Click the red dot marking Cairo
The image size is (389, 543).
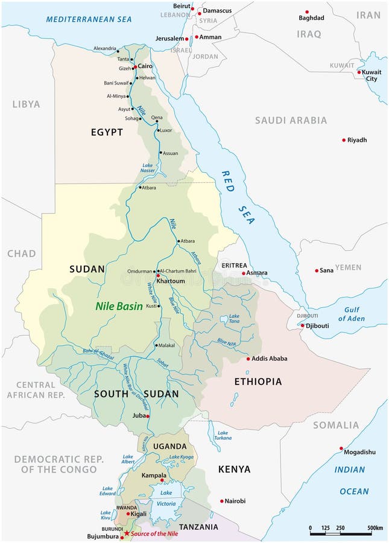click(135, 66)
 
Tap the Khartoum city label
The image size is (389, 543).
click(171, 281)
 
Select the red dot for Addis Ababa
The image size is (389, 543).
click(248, 359)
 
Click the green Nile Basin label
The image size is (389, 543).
click(119, 306)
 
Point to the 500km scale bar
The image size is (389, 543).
click(341, 534)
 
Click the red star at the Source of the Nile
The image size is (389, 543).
click(127, 534)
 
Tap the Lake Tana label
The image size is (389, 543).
click(234, 319)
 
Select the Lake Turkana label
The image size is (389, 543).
click(223, 436)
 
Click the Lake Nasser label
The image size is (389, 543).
click(148, 168)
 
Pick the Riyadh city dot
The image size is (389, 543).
click(344, 140)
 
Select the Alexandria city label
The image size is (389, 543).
click(105, 48)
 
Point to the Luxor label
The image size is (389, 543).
click(166, 130)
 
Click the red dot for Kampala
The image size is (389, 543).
click(162, 481)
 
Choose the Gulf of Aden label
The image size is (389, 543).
click(351, 314)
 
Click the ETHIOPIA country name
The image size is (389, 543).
click(258, 381)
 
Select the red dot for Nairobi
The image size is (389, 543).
click(222, 501)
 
